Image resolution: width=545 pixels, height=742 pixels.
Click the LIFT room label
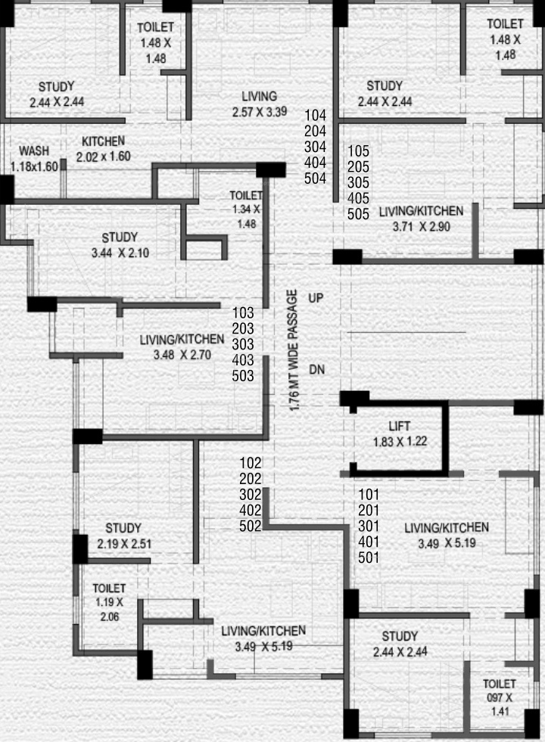399,427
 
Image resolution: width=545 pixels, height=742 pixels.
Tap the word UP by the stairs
316,299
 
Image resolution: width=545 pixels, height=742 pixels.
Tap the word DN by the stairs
316,369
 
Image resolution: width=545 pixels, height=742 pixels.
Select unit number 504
315,179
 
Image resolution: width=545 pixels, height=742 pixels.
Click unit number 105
358,151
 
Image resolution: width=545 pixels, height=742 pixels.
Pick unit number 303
243,343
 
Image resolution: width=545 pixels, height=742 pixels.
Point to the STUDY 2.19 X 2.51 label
123,536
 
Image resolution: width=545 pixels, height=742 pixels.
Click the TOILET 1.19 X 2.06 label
109,602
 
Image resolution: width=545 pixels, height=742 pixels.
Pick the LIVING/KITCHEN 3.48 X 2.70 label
182,346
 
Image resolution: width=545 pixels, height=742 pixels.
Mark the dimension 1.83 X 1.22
399,442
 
